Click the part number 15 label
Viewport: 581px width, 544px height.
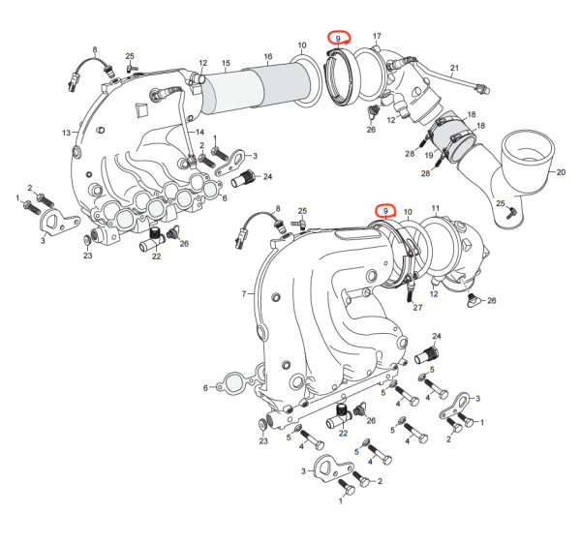point(226,65)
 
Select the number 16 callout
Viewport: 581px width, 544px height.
point(268,57)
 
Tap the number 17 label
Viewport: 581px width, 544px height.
point(377,37)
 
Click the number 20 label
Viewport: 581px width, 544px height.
point(560,171)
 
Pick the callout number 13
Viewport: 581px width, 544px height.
point(67,132)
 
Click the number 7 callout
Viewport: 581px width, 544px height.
point(243,292)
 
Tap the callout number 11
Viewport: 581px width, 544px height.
point(435,208)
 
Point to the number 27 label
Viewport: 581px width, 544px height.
point(418,307)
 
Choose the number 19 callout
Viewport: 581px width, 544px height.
point(428,155)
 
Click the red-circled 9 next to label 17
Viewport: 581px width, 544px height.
point(338,39)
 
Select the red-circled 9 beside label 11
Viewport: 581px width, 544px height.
point(385,210)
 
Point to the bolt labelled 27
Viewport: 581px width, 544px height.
point(411,290)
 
